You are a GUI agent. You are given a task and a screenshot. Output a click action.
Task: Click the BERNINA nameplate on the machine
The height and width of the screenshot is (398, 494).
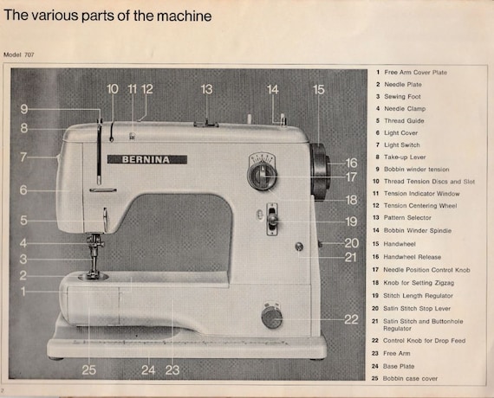147,159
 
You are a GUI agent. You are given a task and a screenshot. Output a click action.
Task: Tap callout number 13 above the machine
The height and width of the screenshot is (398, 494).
206,89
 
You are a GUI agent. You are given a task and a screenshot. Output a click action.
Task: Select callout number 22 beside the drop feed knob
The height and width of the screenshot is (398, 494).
351,319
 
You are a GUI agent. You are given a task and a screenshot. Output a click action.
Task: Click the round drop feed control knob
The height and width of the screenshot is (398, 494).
271,318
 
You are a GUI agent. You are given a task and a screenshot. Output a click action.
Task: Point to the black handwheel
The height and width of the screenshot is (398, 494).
320,172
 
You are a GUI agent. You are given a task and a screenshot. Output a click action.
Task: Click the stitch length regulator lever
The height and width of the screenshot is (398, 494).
272,219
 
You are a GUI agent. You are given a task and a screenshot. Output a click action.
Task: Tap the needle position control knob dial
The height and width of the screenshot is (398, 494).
262,176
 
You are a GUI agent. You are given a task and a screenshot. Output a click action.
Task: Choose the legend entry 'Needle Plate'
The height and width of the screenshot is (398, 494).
403,84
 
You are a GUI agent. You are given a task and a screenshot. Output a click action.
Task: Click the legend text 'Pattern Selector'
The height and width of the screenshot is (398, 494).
407,218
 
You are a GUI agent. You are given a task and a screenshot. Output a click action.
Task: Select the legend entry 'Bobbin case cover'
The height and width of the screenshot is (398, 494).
410,378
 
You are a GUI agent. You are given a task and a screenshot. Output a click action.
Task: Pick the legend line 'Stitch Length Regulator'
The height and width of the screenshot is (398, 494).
418,296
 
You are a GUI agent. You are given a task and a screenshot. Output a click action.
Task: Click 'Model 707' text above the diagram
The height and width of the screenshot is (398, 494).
19,55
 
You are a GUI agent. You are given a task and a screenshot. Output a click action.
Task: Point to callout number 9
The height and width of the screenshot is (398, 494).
24,109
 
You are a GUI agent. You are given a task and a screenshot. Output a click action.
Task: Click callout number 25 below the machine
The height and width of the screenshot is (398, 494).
89,370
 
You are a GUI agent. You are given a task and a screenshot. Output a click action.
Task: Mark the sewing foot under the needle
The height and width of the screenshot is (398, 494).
94,263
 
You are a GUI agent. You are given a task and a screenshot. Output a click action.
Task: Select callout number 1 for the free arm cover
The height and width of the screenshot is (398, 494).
23,292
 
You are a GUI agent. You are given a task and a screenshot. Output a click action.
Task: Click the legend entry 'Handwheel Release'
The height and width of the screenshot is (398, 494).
412,257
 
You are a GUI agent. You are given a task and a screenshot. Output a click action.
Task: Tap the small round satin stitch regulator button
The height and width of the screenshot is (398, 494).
299,247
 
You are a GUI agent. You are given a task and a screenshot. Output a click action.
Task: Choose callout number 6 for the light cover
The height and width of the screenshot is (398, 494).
23,190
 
